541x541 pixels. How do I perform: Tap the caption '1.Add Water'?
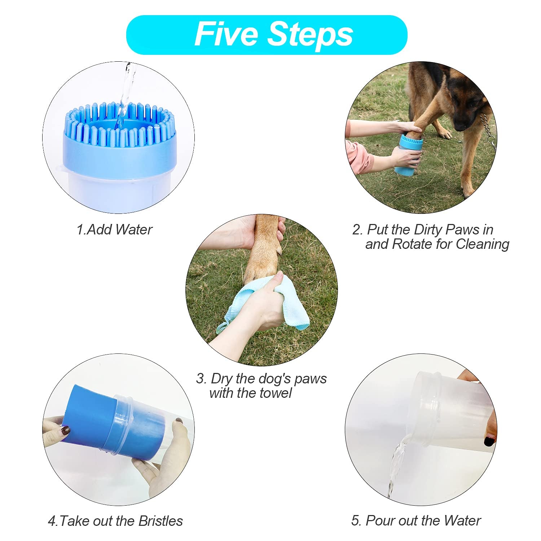point(114,229)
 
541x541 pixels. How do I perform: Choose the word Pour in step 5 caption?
point(379,521)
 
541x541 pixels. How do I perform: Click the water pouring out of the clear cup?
point(395,465)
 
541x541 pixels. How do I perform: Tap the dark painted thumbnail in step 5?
point(489,441)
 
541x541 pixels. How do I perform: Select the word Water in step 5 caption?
point(462,521)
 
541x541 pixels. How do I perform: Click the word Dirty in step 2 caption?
point(428,230)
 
